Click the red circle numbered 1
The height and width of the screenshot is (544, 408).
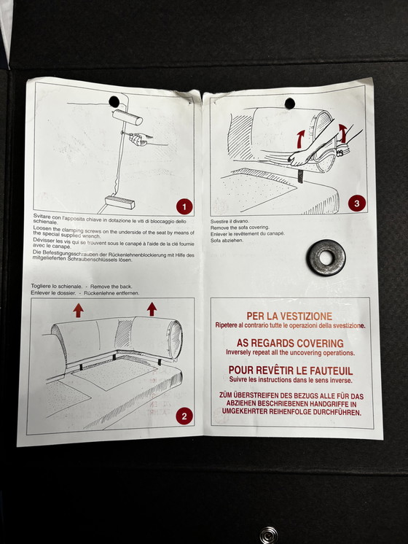[184, 207]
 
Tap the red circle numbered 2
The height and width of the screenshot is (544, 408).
[184, 416]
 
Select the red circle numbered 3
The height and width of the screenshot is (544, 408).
[357, 203]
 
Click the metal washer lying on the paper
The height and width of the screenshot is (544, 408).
[326, 257]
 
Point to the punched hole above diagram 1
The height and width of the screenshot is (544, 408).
[114, 101]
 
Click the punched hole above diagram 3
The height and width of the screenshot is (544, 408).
[290, 104]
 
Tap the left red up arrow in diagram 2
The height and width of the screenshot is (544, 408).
[79, 311]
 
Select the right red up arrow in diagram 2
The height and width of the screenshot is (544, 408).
[152, 309]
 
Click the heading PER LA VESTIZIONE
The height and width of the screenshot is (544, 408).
[289, 316]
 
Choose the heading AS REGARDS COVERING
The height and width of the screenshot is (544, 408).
[290, 343]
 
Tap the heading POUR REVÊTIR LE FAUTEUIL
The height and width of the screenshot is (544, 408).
[291, 370]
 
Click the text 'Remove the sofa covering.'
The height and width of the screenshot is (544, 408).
[240, 228]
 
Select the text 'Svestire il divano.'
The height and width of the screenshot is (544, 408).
[229, 221]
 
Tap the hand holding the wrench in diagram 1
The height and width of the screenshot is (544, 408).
[138, 139]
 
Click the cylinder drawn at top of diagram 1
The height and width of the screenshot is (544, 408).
[127, 117]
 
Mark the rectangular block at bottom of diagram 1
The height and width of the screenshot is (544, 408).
[119, 202]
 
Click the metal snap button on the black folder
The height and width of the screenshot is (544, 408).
[269, 535]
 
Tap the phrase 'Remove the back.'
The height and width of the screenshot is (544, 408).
[111, 287]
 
